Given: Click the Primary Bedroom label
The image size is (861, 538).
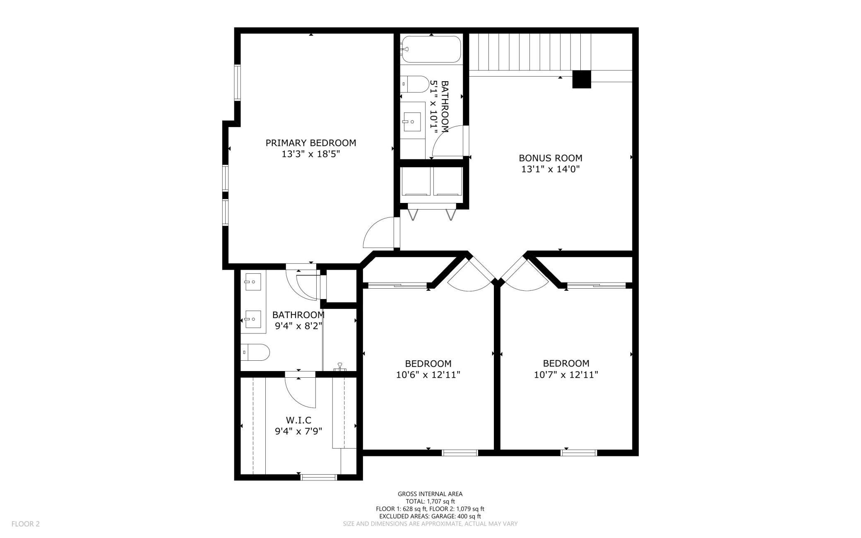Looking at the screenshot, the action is (310, 143).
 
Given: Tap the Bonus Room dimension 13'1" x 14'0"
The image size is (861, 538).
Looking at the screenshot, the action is (550, 169).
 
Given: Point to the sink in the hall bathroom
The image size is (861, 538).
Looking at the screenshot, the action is (412, 122).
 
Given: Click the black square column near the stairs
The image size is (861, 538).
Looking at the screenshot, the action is (582, 79).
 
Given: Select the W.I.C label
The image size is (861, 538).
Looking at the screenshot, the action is (298, 421).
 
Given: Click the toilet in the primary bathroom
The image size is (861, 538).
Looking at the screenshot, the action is (255, 352).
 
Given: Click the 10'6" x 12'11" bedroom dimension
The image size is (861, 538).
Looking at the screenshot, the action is (428, 375).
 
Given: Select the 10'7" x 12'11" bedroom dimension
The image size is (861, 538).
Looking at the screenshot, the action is (566, 375).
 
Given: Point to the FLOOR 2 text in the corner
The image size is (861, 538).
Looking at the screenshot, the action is (26, 524).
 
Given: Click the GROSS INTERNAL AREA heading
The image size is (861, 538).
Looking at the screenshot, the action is (430, 494).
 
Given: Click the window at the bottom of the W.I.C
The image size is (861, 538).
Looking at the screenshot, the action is (319, 478).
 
